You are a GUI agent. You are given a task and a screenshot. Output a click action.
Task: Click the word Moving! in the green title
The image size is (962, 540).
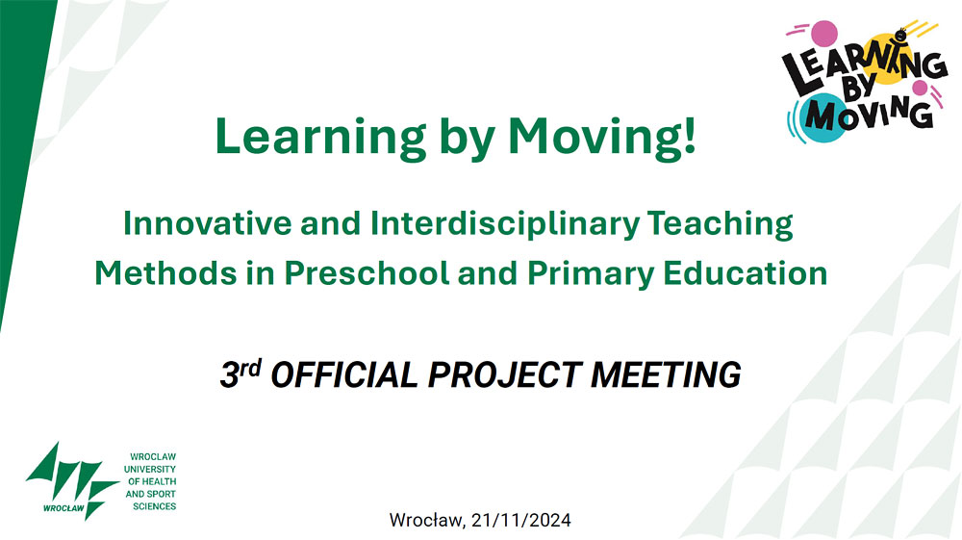pos(602,138)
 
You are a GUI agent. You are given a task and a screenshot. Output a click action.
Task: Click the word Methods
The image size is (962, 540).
pos(165,273)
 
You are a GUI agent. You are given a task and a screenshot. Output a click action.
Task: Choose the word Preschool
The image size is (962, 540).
pos(367,273)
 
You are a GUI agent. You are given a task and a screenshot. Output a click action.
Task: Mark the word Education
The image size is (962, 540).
pos(746,273)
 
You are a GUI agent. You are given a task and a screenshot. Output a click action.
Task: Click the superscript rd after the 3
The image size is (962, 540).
pos(250,368)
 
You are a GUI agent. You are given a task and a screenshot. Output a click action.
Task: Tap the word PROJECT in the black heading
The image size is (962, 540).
pos(505,375)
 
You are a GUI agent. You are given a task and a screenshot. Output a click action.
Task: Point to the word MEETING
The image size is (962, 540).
pos(666,375)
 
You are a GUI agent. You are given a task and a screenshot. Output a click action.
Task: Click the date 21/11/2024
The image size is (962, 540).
pos(520,521)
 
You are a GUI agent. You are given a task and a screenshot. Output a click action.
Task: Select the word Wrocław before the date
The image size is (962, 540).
pos(427,521)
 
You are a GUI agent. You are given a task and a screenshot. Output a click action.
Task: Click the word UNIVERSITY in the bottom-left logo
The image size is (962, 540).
pos(150,470)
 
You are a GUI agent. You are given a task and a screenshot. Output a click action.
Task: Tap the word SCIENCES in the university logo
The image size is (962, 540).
pos(155,506)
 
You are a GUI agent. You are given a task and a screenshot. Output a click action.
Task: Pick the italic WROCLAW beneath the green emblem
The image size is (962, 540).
pos(63,508)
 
